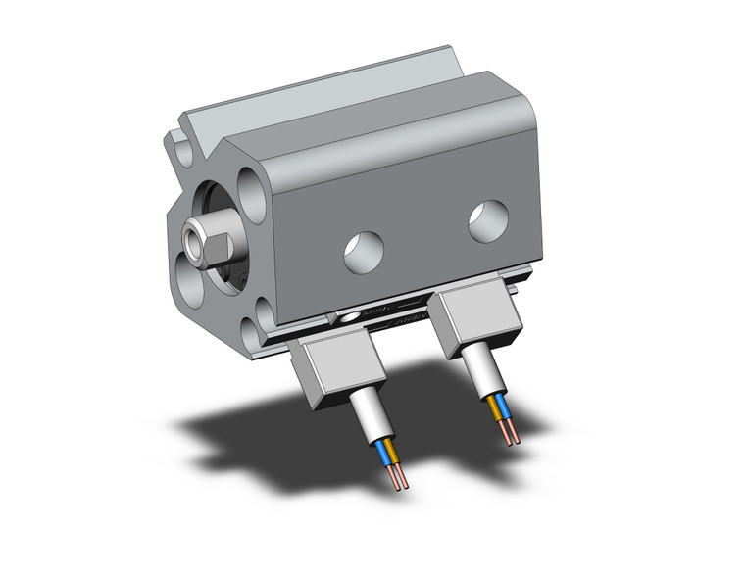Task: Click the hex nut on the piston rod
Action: click(204, 242)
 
